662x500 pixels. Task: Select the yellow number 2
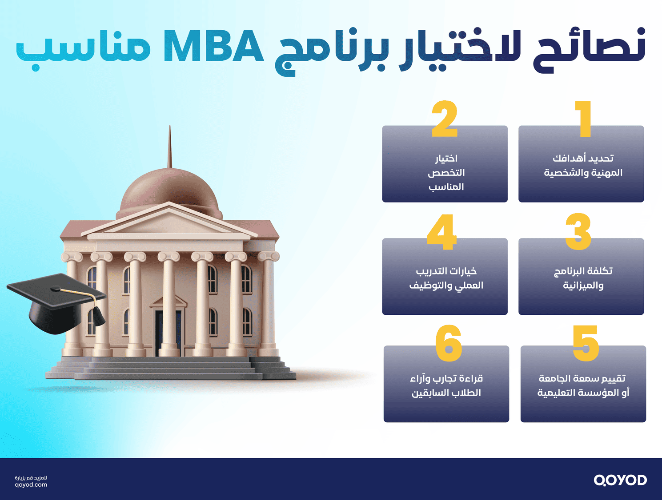tap(445, 119)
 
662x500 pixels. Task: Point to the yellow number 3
tap(578, 231)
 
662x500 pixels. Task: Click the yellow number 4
tap(441, 231)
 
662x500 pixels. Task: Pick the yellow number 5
tap(586, 343)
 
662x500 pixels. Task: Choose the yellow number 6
tap(449, 343)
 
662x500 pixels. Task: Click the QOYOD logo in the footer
tap(620, 480)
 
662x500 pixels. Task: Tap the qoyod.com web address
tap(31, 485)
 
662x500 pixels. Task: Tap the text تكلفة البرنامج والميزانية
tap(583, 278)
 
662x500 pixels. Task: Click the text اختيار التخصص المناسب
tap(445, 173)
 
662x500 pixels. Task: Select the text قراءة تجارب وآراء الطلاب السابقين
tap(446, 385)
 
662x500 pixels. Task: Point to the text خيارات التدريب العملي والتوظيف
tap(446, 278)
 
